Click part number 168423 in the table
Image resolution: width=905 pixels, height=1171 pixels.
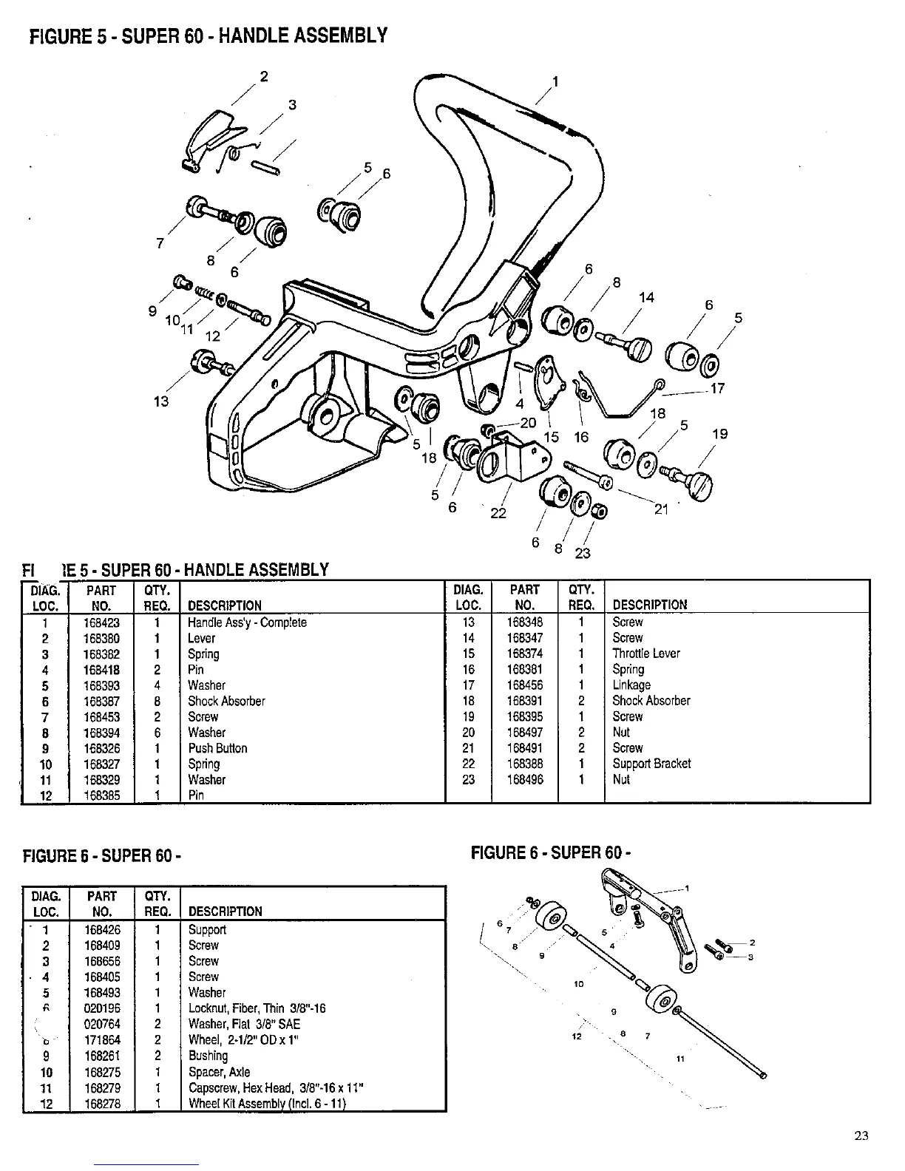[102, 623]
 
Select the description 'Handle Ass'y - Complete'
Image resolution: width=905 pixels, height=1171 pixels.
[247, 623]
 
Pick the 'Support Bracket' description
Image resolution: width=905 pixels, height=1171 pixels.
[651, 764]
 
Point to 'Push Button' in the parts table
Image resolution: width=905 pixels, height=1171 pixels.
[217, 748]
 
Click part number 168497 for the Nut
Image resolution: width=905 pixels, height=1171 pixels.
[525, 732]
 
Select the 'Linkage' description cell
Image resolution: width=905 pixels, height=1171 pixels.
[631, 685]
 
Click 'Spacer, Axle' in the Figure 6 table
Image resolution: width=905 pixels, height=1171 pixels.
[220, 1072]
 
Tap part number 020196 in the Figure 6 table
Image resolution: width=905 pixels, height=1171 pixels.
[103, 1008]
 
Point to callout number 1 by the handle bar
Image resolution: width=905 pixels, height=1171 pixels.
[556, 81]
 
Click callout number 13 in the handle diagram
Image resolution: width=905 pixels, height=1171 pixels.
[161, 401]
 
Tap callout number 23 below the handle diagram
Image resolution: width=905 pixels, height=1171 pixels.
[583, 552]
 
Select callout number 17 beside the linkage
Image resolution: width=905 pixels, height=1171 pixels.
[716, 388]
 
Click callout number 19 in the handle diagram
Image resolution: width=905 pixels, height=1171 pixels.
[719, 434]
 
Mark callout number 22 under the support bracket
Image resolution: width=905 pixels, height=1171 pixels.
[498, 513]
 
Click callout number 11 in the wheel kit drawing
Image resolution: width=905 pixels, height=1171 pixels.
[681, 1059]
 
